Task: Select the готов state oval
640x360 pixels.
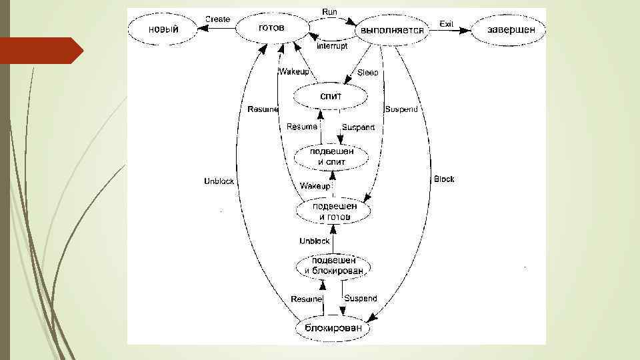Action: coord(271,28)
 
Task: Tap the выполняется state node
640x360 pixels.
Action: coord(392,30)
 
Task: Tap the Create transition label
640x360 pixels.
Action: coord(217,19)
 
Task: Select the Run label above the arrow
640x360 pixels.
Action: coord(329,12)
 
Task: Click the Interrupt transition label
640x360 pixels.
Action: coord(332,46)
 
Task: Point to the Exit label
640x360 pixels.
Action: coord(446,24)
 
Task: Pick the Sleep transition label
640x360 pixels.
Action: coord(367,73)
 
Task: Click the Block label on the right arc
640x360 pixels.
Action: coord(444,179)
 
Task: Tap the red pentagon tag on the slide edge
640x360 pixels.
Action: coord(40,51)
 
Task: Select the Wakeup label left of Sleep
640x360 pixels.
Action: coord(293,72)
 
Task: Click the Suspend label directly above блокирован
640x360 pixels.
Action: coord(361,299)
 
